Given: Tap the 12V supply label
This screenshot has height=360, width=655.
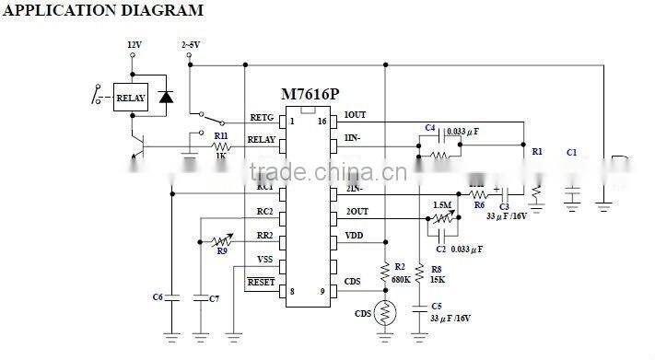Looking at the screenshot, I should click(135, 43).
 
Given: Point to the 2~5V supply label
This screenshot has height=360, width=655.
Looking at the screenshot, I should click(190, 43).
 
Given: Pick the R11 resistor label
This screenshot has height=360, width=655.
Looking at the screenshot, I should click(221, 135).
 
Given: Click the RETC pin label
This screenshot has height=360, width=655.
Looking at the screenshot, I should click(263, 118).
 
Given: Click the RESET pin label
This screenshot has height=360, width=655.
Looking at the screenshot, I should click(262, 282).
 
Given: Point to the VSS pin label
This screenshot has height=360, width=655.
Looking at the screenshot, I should click(264, 259).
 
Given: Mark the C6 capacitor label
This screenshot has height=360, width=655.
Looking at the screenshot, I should click(157, 296).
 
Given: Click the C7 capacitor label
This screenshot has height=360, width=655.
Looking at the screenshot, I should click(214, 298).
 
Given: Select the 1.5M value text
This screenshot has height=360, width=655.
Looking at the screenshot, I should click(442, 205).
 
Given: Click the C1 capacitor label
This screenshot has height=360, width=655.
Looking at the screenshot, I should click(571, 152).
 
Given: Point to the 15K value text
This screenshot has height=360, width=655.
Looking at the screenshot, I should click(438, 279).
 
